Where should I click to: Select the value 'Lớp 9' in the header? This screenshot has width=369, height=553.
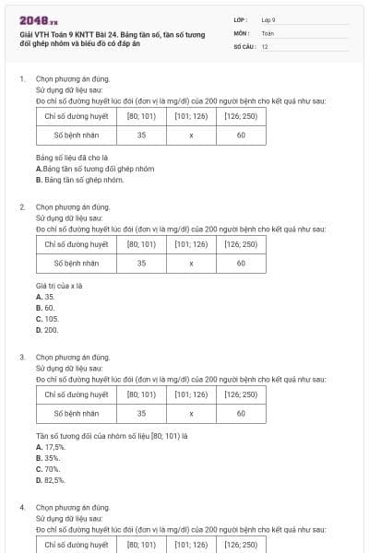click(268, 19)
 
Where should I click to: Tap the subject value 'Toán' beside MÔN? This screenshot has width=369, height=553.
click(268, 32)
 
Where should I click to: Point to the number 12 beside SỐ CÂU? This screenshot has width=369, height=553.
click(265, 46)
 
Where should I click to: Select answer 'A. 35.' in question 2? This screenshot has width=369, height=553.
click(45, 297)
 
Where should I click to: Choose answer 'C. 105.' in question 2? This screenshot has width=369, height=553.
click(47, 318)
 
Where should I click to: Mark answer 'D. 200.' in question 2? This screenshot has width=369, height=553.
click(47, 329)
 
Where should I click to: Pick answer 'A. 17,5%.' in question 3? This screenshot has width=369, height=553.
click(50, 446)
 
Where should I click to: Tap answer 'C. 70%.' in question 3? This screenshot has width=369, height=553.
click(47, 468)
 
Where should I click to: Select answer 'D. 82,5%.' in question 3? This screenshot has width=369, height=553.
click(50, 479)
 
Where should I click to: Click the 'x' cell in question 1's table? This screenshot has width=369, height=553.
click(191, 135)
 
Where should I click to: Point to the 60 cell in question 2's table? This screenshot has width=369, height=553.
click(241, 264)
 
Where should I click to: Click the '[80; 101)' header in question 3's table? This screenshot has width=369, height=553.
click(141, 394)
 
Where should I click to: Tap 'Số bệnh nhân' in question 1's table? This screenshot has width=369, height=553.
click(76, 135)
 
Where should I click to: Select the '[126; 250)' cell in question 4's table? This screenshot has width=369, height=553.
click(241, 544)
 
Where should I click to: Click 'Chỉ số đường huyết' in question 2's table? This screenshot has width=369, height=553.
click(76, 244)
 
